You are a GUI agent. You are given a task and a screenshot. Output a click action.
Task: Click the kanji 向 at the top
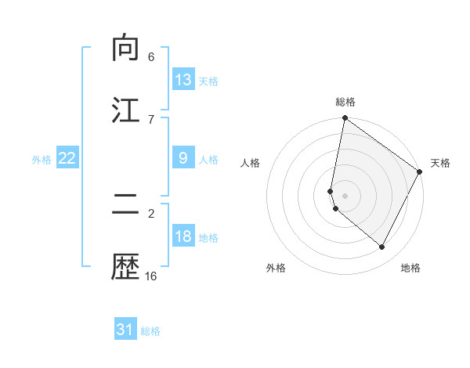[x=126, y=49]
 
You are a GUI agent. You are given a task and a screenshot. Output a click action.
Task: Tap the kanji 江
[x=126, y=110]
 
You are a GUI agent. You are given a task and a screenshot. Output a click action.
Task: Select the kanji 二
[x=126, y=205]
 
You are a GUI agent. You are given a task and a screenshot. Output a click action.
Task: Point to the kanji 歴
[x=126, y=268]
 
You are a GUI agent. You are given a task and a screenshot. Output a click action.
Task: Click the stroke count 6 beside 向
[x=151, y=57]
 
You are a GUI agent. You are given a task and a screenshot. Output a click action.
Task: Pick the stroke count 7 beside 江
[x=151, y=119]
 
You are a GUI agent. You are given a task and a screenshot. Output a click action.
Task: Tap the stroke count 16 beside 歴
[x=151, y=276]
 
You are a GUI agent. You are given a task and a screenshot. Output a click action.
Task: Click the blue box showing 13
[x=183, y=80]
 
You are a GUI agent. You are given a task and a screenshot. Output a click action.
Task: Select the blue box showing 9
[x=183, y=158]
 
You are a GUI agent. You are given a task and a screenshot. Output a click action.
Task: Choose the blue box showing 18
[x=183, y=236]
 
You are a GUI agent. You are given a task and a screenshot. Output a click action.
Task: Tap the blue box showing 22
[x=67, y=158]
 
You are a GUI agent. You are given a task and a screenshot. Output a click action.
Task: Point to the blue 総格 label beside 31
[x=150, y=331]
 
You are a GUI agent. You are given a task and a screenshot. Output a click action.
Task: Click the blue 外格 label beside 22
[x=42, y=160]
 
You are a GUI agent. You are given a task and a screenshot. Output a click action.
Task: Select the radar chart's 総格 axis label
[x=345, y=102]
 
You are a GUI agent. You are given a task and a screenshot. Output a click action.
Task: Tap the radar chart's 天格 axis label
[x=440, y=163]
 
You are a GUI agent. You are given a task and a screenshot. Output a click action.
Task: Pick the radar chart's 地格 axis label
[x=410, y=268]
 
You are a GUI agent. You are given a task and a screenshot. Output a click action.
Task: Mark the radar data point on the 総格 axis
[x=345, y=119]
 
